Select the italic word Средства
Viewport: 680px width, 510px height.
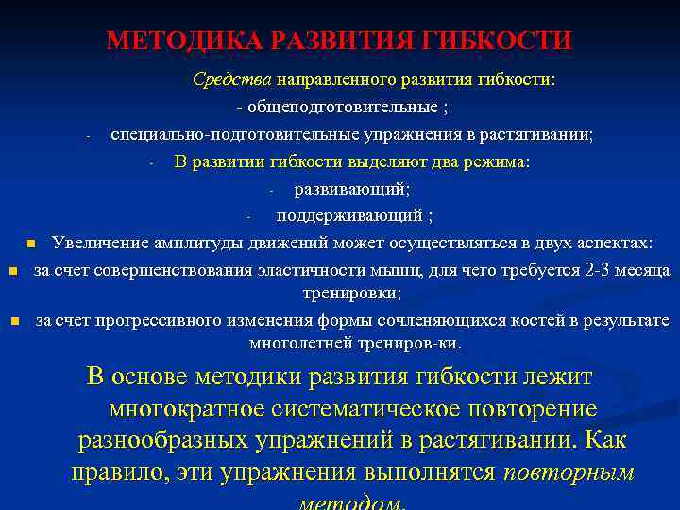(231, 80)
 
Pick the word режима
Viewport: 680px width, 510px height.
(496, 161)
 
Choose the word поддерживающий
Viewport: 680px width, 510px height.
(349, 216)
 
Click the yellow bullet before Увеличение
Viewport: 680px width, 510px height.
(31, 245)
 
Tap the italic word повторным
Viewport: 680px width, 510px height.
(569, 472)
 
